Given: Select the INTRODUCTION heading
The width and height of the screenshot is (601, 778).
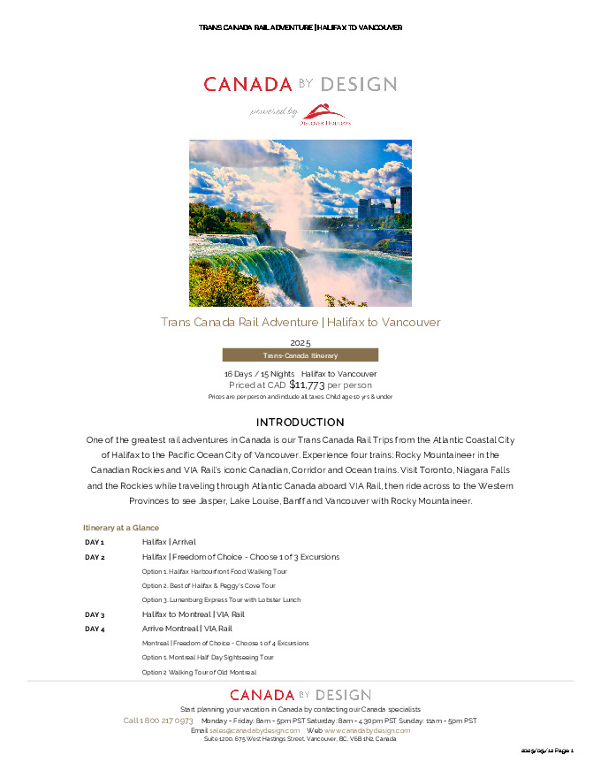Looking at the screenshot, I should click(300, 423).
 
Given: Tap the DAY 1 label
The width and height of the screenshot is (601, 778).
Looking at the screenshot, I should click(95, 542).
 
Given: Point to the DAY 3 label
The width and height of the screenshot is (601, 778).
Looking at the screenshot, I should click(95, 614).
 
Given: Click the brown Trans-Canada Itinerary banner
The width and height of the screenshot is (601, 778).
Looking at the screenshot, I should click(300, 355).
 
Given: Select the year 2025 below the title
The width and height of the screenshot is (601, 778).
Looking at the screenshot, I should click(300, 342).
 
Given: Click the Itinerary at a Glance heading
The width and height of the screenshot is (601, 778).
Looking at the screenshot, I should click(121, 527).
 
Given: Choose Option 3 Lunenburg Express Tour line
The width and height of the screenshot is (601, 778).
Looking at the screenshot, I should click(221, 600).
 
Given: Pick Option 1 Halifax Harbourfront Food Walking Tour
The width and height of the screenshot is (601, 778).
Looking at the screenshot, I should click(214, 572).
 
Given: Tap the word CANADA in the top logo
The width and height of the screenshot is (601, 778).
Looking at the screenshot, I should click(247, 85).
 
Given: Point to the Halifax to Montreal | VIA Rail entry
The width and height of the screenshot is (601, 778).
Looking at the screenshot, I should click(193, 614).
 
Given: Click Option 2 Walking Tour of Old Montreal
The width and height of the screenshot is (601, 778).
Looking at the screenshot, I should click(199, 673).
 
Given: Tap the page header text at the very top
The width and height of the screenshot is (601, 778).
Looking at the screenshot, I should click(300, 27).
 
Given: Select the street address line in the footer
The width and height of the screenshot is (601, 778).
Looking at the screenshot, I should click(300, 739).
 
